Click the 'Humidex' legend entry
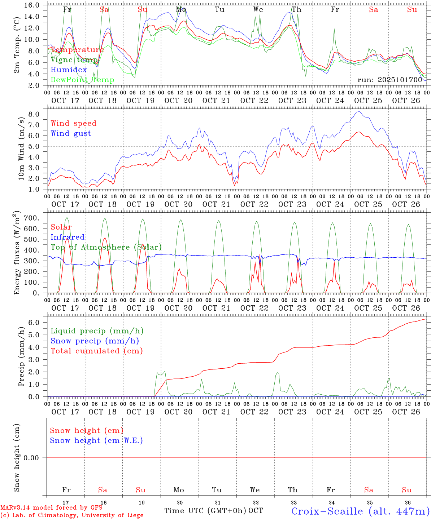click(69, 70)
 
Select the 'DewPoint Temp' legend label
click(82, 80)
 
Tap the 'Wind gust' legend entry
click(71, 133)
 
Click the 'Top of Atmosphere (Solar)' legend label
click(106, 247)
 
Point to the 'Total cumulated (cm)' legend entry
click(97, 351)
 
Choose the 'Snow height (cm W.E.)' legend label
click(96, 440)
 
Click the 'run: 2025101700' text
click(389, 80)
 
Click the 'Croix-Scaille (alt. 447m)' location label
click(360, 511)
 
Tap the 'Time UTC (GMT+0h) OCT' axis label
click(214, 511)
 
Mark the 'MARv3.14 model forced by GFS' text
click(51, 508)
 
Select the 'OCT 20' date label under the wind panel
click(179, 204)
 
